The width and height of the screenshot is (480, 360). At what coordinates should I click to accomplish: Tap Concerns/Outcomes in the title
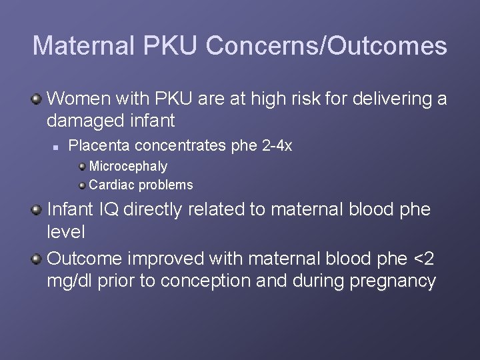point(327,46)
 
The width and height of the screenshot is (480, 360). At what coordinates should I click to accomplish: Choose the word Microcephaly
point(128,166)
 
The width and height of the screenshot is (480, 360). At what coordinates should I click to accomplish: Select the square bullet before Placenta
point(59,145)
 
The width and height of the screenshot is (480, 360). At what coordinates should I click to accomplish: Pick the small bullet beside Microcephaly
point(82,166)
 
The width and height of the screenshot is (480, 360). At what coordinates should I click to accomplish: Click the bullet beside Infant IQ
point(37,210)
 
